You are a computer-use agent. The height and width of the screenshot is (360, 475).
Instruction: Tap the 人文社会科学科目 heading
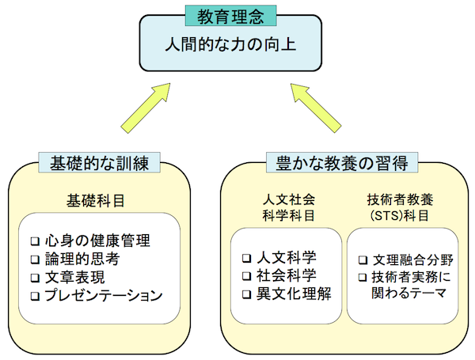(x=287, y=207)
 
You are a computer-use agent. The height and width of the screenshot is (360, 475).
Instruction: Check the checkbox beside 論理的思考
(x=34, y=259)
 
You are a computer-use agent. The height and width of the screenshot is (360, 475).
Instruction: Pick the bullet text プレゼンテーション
(x=104, y=296)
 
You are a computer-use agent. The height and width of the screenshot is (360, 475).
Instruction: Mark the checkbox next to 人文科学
(x=246, y=258)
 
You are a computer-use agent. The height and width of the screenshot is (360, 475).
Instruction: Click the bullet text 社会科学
(x=286, y=276)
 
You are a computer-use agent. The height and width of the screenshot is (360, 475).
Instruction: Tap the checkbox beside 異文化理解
(x=246, y=294)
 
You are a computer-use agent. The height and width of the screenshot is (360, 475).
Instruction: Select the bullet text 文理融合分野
(x=408, y=259)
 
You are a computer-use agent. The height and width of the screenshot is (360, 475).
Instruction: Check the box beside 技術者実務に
(x=363, y=277)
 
